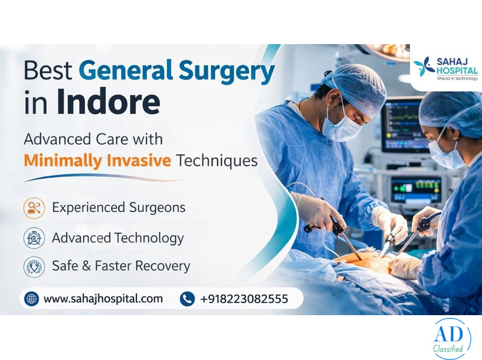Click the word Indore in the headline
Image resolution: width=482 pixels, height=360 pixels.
(109, 101)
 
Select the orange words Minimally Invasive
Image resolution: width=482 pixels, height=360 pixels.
(97, 161)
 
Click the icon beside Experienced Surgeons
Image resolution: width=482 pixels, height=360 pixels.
(34, 207)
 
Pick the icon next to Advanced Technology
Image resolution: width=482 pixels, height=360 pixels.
(34, 237)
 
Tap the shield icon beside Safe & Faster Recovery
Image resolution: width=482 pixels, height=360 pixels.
(34, 266)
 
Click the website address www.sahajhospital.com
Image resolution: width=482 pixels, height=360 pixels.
(103, 298)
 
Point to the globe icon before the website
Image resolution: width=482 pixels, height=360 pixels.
(31, 298)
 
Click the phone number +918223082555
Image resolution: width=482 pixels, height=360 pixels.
(244, 298)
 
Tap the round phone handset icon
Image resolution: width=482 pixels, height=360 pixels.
(187, 298)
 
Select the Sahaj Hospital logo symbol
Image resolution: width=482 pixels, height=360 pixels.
(424, 66)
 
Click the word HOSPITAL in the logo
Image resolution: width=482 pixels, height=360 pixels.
(457, 70)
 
